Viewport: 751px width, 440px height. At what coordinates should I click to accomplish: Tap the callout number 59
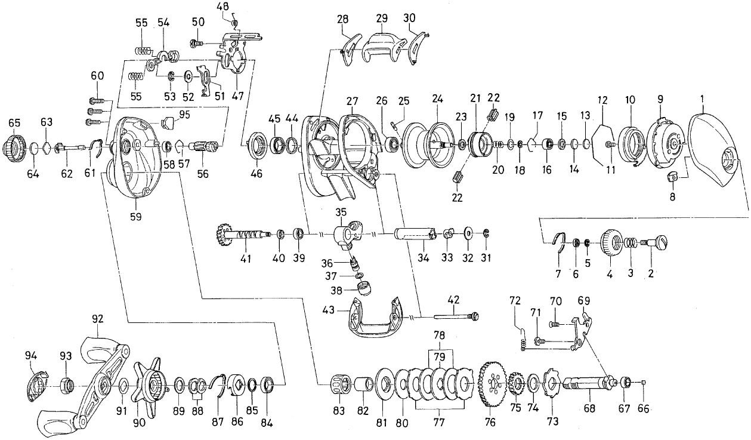[135, 217]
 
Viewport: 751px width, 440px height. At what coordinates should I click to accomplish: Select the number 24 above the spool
[438, 98]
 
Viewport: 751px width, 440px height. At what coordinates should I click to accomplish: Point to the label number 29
[382, 19]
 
